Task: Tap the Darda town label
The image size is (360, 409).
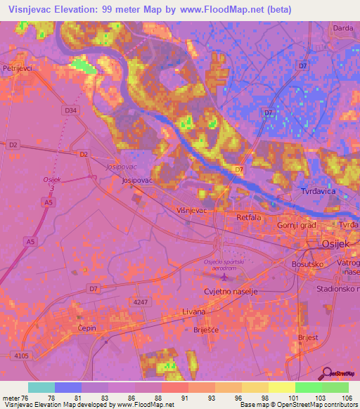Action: pyautogui.click(x=342, y=27)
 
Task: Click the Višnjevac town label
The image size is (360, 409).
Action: pyautogui.click(x=191, y=209)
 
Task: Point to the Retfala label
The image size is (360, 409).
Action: pyautogui.click(x=249, y=217)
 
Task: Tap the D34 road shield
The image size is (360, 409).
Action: pyautogui.click(x=70, y=110)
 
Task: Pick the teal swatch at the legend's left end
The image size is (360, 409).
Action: pyautogui.click(x=41, y=387)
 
